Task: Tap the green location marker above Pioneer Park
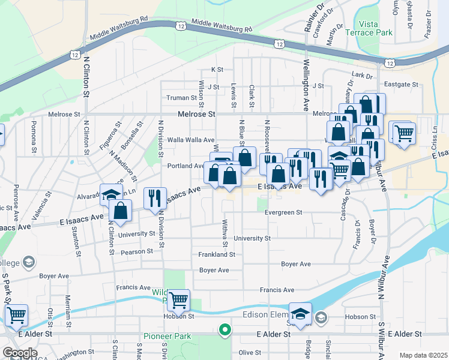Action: [225, 329]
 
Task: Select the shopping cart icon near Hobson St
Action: [178, 299]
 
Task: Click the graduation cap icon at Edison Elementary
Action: [300, 312]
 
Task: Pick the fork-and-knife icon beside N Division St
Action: [155, 197]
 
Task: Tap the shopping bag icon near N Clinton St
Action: [121, 210]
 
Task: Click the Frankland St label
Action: [217, 254]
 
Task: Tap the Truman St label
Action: [178, 98]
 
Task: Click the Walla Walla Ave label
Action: [191, 140]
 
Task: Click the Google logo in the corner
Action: [20, 353]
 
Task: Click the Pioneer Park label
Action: [167, 337]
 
